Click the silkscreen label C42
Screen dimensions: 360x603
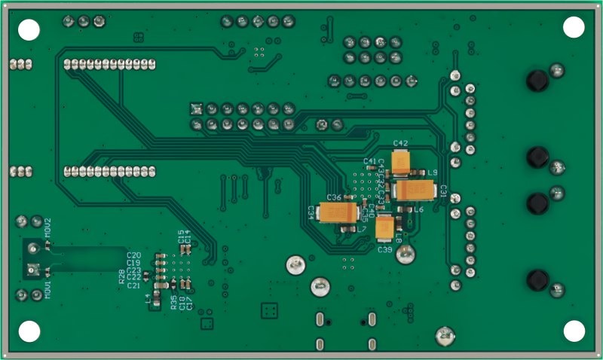coord(400,143)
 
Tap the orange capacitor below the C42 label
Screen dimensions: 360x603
coord(401,160)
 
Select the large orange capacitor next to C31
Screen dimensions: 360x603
coord(413,191)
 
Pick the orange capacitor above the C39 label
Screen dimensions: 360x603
coord(386,227)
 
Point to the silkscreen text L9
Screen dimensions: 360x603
coord(432,173)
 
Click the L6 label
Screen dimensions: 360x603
coord(418,209)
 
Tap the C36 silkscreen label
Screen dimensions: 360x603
coord(334,197)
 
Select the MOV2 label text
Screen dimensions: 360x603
coord(47,228)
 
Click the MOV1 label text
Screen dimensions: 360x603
coord(47,289)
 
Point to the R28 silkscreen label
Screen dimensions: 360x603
coord(121,276)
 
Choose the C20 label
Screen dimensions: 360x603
coord(134,255)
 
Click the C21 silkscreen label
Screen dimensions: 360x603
coord(134,285)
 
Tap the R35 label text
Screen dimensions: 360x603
coord(174,303)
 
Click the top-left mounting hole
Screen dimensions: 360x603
coord(29,29)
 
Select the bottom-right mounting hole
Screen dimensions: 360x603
coord(574,331)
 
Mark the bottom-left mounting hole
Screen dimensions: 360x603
coord(29,331)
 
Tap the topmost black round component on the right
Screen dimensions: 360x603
coord(537,80)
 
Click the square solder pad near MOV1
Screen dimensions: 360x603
coord(32,269)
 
